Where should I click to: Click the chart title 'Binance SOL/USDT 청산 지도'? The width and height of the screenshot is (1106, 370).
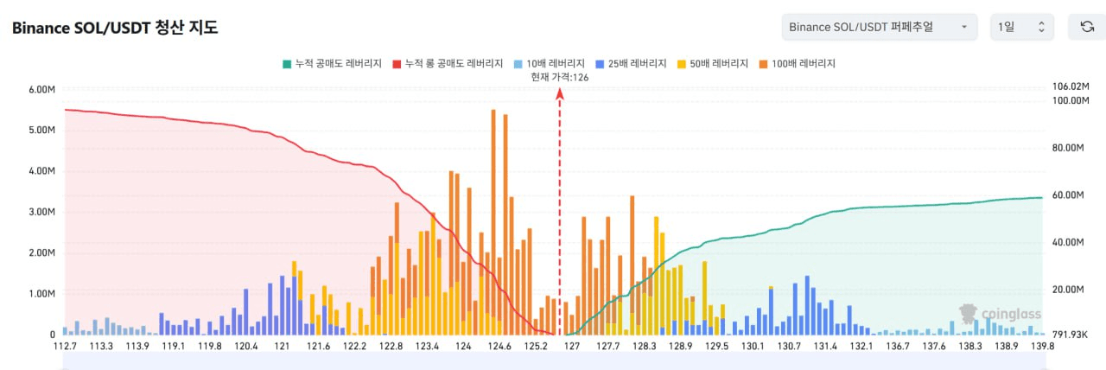[115, 28]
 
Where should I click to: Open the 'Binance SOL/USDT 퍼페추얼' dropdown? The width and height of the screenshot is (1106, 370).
[879, 27]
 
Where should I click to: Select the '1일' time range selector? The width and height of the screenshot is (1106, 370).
[1021, 27]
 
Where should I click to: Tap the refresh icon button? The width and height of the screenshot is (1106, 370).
[1087, 27]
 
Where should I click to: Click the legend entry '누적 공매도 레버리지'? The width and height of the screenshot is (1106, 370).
[332, 64]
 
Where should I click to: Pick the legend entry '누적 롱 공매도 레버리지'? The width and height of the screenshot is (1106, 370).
[448, 64]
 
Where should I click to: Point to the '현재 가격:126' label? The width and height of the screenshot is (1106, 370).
[560, 78]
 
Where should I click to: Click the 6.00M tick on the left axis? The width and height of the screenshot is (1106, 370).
[41, 89]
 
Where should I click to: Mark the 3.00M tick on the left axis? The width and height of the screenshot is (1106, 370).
[41, 212]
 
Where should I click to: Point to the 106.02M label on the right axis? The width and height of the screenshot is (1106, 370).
[1071, 86]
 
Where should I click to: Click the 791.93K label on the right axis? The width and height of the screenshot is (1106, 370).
[1071, 335]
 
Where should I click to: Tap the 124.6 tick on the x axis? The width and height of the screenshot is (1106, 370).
[499, 347]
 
